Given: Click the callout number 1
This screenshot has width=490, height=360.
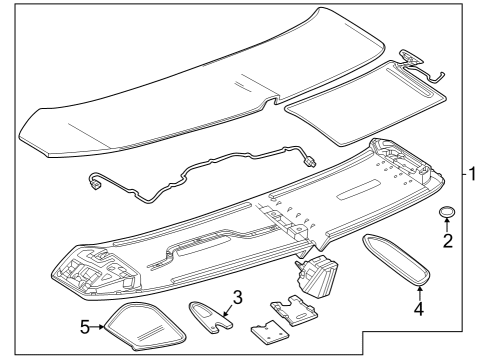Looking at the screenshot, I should [x=470, y=173].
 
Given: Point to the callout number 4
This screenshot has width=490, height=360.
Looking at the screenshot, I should [x=419, y=309].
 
